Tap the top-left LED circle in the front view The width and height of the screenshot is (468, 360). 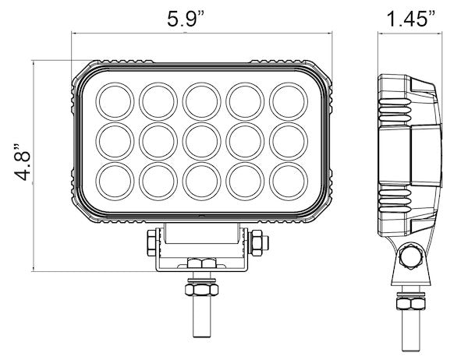114,99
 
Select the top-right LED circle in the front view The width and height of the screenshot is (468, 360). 286,99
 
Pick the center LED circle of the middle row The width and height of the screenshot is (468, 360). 200,139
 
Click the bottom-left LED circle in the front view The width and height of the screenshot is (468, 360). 114,180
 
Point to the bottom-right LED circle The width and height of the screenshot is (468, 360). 286,180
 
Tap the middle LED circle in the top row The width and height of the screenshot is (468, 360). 200,99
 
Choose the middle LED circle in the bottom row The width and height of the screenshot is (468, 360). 200,180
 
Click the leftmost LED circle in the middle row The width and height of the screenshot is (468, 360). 114,139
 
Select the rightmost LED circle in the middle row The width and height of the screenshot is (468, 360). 286,139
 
